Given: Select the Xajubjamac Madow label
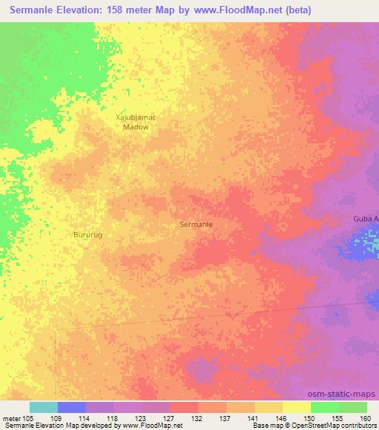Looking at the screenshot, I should (x=135, y=122).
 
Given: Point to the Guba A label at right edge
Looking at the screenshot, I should (x=365, y=219).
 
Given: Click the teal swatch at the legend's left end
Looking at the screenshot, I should (x=44, y=407).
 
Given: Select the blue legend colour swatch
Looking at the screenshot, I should (x=72, y=407).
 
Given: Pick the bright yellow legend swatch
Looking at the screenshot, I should (x=297, y=407).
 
